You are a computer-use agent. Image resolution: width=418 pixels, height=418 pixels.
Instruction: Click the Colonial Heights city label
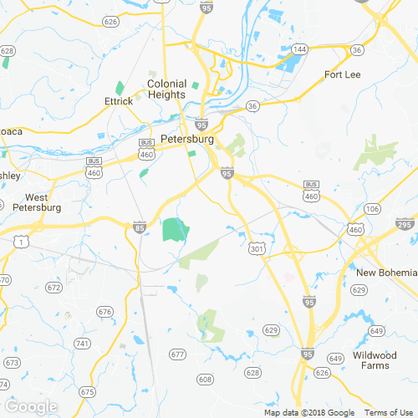[x=166, y=89]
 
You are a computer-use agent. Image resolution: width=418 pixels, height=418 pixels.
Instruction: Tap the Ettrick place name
[x=119, y=101]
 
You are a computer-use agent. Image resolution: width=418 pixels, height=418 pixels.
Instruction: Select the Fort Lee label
[x=341, y=75]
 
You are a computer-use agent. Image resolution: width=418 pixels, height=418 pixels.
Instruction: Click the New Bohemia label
[x=385, y=273]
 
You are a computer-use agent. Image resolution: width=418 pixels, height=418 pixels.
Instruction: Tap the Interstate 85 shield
[x=139, y=227]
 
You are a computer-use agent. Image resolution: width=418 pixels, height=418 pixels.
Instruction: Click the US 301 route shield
[x=257, y=248]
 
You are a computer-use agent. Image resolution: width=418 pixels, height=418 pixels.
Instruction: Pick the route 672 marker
[x=54, y=288]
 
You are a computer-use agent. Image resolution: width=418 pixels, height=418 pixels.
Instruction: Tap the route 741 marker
[x=82, y=344]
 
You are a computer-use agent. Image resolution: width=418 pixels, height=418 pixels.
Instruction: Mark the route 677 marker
[x=176, y=354]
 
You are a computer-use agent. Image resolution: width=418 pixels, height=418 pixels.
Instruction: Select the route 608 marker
[x=205, y=380]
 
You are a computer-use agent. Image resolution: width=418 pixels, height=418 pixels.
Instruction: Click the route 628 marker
[x=252, y=372]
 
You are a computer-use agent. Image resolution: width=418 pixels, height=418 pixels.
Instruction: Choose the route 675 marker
[x=88, y=391]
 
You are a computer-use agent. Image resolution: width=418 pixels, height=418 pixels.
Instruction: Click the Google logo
[x=31, y=407]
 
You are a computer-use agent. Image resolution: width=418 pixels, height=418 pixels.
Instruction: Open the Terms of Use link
[x=387, y=413]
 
